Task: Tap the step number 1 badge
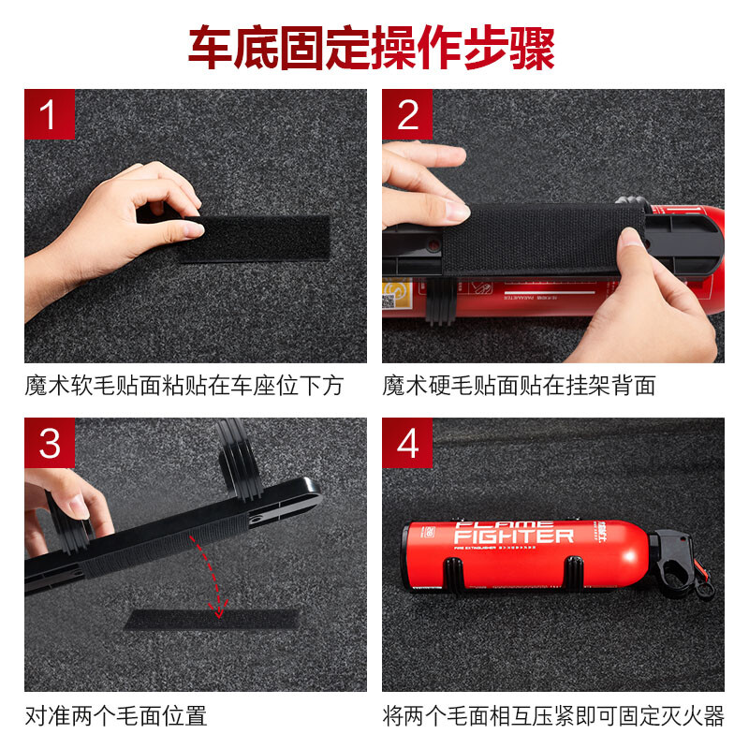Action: (49, 114)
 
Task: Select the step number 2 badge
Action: (407, 114)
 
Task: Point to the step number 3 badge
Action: (49, 442)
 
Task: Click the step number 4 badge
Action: (407, 442)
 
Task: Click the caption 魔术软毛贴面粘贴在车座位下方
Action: (184, 386)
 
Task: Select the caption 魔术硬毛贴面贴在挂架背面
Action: (519, 386)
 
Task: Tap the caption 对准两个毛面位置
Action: (115, 717)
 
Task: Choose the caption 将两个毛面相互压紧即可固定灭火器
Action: (553, 717)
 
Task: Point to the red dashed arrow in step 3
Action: (211, 576)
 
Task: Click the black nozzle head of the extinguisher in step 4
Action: (678, 559)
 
